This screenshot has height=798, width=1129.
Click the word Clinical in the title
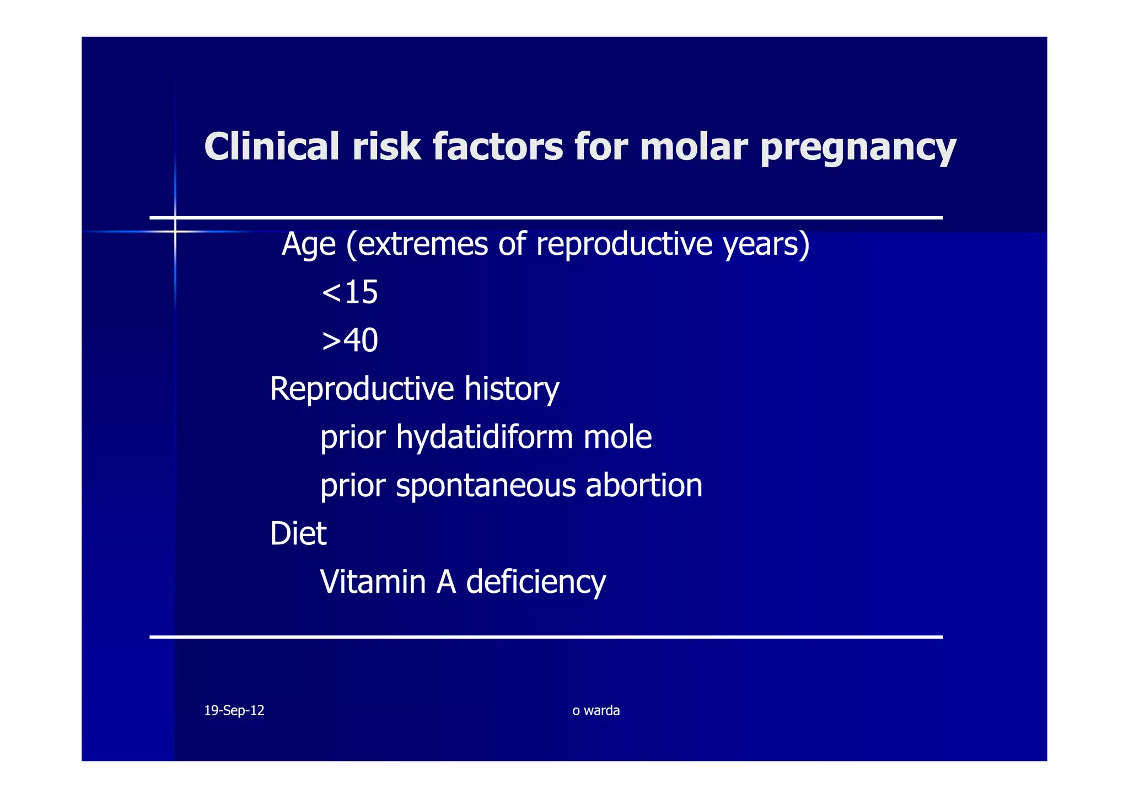tap(272, 147)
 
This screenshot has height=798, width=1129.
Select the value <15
tap(350, 292)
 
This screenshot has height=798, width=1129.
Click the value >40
tap(350, 340)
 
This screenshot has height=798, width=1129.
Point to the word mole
tap(617, 437)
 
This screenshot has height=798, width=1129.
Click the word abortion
tap(644, 485)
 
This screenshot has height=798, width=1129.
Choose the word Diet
tap(298, 534)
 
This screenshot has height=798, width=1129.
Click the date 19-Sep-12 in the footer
tap(234, 710)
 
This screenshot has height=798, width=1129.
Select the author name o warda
tap(596, 710)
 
